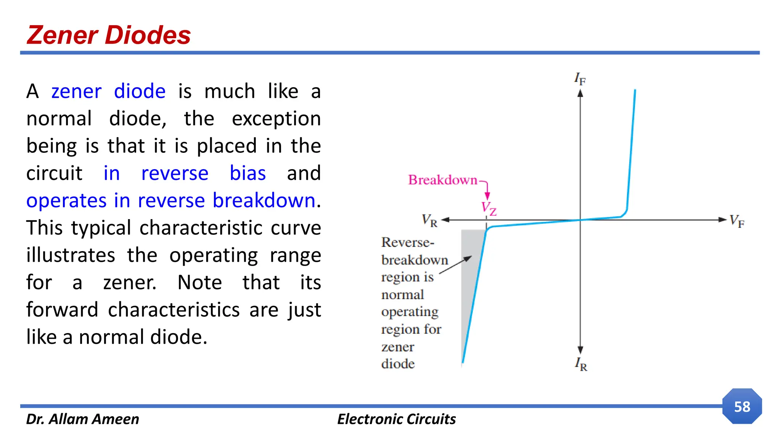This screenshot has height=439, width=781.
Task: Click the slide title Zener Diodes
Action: [x=109, y=35]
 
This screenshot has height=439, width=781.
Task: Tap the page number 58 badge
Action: [x=742, y=407]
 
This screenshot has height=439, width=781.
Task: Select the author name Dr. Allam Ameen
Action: [x=82, y=419]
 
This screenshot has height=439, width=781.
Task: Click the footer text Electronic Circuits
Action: [x=396, y=419]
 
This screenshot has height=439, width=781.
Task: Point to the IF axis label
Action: [x=580, y=79]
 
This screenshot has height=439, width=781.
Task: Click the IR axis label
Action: [x=581, y=364]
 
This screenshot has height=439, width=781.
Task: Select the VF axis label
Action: [x=736, y=221]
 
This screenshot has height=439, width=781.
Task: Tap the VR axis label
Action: [x=429, y=221]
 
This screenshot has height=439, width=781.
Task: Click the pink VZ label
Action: [x=489, y=208]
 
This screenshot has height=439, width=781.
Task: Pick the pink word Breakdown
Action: [x=442, y=180]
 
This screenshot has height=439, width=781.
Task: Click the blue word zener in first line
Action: [x=76, y=91]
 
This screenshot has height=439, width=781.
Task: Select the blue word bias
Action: [x=247, y=173]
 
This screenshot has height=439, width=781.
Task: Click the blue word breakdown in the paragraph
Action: [x=264, y=200]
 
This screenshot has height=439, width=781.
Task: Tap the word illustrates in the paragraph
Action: [x=71, y=255]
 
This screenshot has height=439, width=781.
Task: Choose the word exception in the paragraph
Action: [x=276, y=119]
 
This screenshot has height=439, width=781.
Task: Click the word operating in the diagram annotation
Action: [x=410, y=312]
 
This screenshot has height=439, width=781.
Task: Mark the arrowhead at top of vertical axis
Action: [x=580, y=93]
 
